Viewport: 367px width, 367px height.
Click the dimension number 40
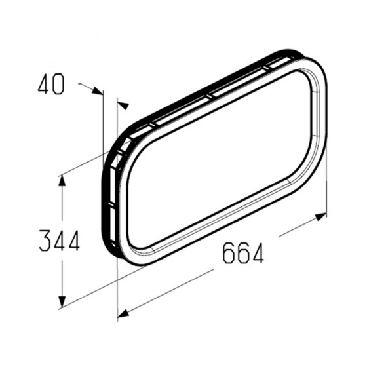coord(51,85)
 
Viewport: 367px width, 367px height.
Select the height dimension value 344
coord(60,241)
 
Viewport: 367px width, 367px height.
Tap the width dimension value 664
coord(243,252)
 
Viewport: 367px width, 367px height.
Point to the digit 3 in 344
coord(45,241)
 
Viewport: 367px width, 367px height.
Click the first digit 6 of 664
coord(229,253)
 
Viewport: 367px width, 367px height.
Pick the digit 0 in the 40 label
coord(58,85)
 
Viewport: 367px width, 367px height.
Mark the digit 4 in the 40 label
coord(44,85)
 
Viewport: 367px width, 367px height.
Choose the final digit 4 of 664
coord(258,253)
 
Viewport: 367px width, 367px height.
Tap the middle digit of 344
coord(60,241)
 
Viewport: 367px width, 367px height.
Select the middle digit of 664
coord(242,253)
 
